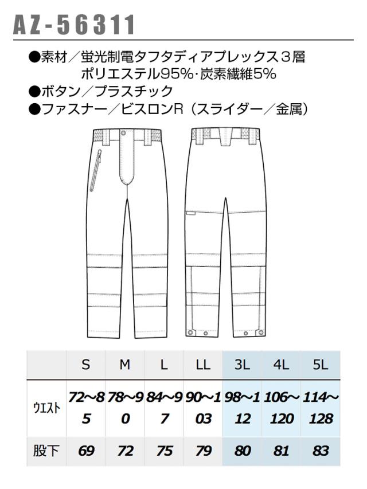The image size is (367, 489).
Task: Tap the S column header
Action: click(85, 365)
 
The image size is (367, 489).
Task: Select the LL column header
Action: click(203, 365)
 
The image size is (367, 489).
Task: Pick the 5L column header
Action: click(320, 365)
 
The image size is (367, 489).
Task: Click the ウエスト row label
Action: click(46, 408)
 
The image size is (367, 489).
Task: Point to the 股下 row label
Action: click(46, 451)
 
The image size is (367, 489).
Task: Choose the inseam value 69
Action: click(86, 451)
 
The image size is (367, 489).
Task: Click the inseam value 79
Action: click(204, 451)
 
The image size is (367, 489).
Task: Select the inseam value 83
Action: click(321, 451)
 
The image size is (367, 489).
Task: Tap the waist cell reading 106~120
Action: click(282, 408)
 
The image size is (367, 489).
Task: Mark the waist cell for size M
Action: click(126, 408)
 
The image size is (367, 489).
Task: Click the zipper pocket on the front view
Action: click(96, 170)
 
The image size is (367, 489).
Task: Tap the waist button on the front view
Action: click(124, 133)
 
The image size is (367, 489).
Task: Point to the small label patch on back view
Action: click(191, 214)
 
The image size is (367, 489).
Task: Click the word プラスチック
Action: click(134, 91)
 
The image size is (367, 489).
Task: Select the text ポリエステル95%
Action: click(137, 74)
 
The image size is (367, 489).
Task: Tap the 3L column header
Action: click(242, 365)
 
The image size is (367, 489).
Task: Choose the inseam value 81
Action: click(281, 451)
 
